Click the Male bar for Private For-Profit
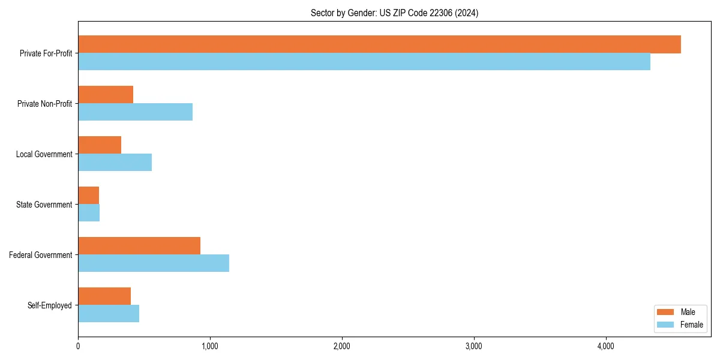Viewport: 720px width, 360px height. click(379, 44)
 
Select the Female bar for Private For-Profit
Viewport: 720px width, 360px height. click(364, 62)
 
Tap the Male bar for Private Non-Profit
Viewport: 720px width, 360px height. click(106, 95)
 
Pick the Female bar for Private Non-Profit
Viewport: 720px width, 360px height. click(135, 112)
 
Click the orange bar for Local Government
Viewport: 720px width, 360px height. click(100, 145)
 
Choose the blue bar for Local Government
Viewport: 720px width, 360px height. click(115, 163)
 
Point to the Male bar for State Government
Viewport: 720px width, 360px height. click(88, 196)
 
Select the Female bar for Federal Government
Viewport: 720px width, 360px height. click(154, 263)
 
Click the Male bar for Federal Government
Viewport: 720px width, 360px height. click(139, 246)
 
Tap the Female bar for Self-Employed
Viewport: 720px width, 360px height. click(109, 314)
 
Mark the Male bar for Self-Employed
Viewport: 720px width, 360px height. click(104, 296)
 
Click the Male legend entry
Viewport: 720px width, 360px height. click(680, 312)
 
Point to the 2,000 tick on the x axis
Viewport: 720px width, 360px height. click(342, 346)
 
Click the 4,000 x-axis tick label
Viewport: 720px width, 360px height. click(606, 346)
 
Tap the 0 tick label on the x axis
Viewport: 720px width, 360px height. click(78, 346)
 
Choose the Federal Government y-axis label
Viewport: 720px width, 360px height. click(40, 255)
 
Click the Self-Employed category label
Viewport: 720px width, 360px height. click(49, 305)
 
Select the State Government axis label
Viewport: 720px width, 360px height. click(44, 205)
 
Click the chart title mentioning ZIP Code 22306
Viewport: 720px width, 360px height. click(394, 13)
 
